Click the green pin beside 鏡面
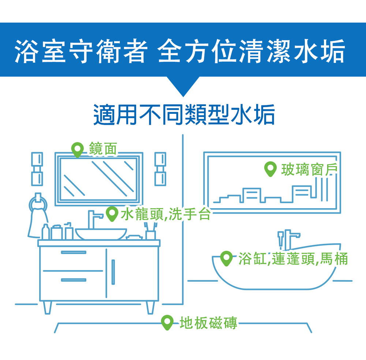pyautogui.click(x=77, y=149)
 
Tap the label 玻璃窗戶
pyautogui.click(x=309, y=169)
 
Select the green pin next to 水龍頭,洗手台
pyautogui.click(x=111, y=213)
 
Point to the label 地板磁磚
pyautogui.click(x=208, y=323)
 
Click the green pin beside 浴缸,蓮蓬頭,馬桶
pyautogui.click(x=227, y=258)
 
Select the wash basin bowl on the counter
pyautogui.click(x=101, y=233)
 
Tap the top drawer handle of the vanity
pyautogui.click(x=73, y=252)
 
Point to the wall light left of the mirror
pyautogui.click(x=37, y=169)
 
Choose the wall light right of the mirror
pyautogui.click(x=160, y=169)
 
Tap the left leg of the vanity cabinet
pyautogui.click(x=47, y=308)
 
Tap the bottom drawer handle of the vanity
pyautogui.click(x=73, y=280)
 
